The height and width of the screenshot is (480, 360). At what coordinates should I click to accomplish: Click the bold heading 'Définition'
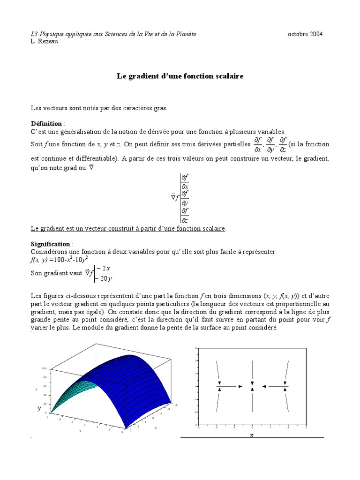click(46, 124)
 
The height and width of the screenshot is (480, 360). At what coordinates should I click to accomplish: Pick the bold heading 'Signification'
click(50, 244)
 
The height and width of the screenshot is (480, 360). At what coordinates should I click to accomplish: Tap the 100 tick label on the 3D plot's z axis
click(44, 368)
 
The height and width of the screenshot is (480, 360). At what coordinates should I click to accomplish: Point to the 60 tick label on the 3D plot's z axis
click(45, 386)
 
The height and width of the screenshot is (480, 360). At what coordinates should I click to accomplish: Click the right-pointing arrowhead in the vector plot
click(240, 387)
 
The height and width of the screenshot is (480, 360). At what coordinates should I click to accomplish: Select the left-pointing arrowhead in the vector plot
click(264, 387)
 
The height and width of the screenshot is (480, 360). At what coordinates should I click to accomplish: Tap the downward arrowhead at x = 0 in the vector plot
click(252, 383)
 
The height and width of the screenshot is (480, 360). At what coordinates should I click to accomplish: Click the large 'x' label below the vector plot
click(252, 435)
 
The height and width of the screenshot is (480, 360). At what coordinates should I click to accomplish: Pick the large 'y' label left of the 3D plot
click(39, 408)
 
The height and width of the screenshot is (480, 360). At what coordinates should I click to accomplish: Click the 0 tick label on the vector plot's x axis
click(252, 428)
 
